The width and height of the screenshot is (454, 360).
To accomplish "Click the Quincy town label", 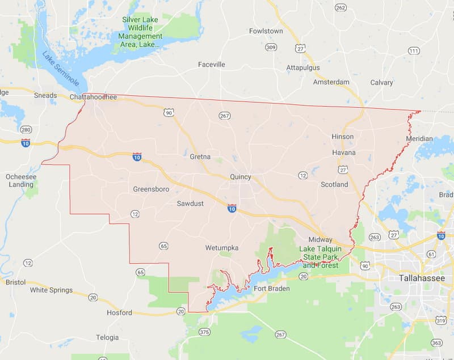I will point(241,177).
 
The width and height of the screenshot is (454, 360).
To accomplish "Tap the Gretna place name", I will point(200,156).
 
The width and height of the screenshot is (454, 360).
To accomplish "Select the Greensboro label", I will point(152,189).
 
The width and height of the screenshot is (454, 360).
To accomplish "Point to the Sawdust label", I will point(190,203).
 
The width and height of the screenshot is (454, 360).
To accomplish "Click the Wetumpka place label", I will point(222,248).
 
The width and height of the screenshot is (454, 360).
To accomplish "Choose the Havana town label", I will point(344,153).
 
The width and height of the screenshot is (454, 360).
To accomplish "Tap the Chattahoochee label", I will point(93,97).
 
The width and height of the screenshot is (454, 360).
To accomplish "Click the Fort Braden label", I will point(271,289).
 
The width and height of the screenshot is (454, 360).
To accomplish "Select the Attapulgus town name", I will point(303,67).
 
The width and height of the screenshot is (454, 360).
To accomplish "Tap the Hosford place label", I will point(119,312).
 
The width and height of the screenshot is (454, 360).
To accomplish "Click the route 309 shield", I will point(271,47).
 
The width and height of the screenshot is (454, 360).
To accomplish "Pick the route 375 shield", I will point(205,332).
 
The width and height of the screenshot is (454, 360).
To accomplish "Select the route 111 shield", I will point(414,51).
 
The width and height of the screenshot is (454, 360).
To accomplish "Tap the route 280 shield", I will point(26,130).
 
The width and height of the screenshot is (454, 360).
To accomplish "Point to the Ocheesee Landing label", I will point(20,180).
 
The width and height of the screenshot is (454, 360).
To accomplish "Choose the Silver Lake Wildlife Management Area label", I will point(141,32).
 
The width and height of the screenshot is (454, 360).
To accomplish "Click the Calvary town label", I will point(381,82).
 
